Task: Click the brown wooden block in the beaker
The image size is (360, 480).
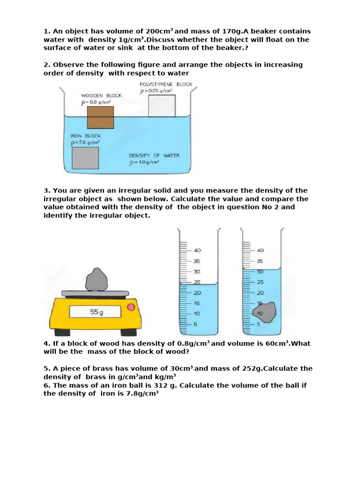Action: click(x=100, y=117)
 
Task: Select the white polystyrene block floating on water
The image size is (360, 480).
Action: click(x=162, y=105)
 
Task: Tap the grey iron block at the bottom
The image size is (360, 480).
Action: click(x=85, y=157)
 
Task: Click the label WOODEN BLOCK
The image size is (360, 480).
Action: click(x=101, y=95)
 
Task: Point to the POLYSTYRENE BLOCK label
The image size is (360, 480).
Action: click(x=166, y=84)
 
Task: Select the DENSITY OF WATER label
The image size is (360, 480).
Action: click(x=154, y=155)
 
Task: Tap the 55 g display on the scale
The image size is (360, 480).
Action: click(x=95, y=312)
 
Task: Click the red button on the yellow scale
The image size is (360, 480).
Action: click(x=131, y=307)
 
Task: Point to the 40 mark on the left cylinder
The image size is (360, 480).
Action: click(x=197, y=251)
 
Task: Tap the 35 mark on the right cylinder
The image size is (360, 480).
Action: click(x=260, y=261)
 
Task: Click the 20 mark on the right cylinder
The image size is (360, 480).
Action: click(x=260, y=292)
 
